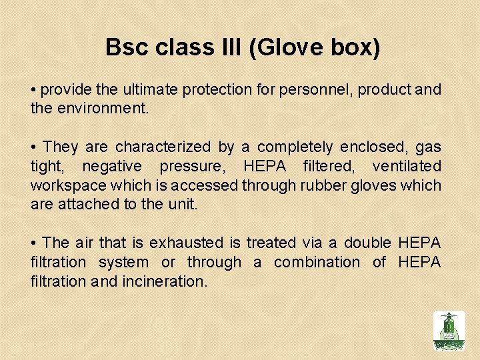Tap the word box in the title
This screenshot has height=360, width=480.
click(x=355, y=48)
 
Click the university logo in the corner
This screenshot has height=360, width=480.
click(x=449, y=331)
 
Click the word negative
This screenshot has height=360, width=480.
click(x=111, y=166)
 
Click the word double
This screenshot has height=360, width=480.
click(x=368, y=243)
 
